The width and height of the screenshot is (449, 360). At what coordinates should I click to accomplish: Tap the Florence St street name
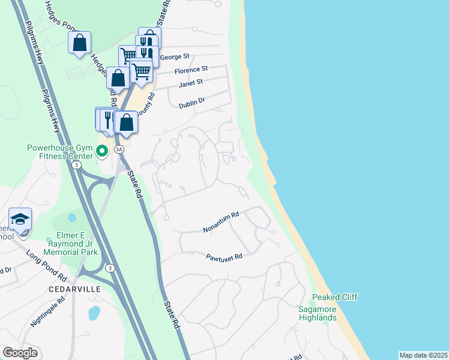191,70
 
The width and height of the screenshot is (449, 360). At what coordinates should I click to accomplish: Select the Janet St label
191,83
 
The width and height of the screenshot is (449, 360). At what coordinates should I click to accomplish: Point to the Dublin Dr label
191,104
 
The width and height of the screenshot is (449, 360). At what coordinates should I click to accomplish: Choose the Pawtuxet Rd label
224,256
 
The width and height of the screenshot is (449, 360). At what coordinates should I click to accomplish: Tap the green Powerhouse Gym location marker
103,151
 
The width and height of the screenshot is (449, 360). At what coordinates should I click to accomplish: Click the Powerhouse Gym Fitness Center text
59,152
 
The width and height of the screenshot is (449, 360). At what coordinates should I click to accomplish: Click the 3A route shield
119,149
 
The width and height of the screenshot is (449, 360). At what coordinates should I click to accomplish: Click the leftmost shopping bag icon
79,43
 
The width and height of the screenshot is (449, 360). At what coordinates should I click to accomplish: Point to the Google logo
20,353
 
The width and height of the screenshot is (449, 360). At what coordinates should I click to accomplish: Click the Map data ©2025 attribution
423,355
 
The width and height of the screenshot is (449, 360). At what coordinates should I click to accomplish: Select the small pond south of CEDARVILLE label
94,313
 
